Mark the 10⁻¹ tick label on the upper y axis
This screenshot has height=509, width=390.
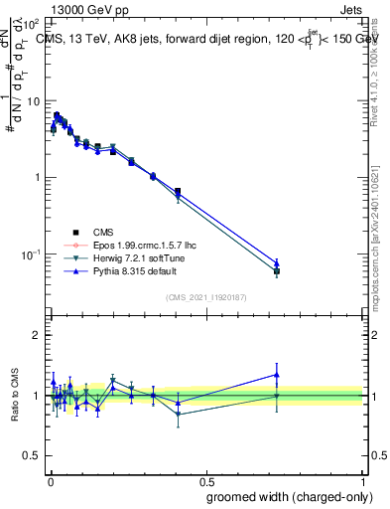[32, 254]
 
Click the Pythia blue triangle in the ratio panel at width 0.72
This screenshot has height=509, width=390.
[277, 375]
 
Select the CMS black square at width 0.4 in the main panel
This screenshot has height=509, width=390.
[178, 191]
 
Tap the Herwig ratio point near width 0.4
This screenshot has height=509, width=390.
[178, 415]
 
